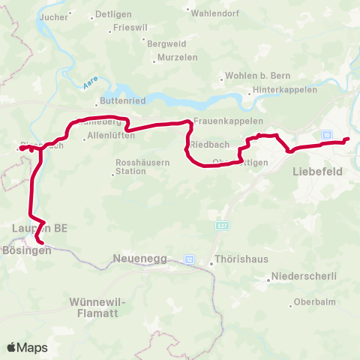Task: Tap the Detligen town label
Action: tap(112, 16)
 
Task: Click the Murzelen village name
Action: tap(177, 58)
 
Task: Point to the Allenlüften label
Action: tap(110, 136)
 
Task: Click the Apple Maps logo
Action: tap(27, 347)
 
